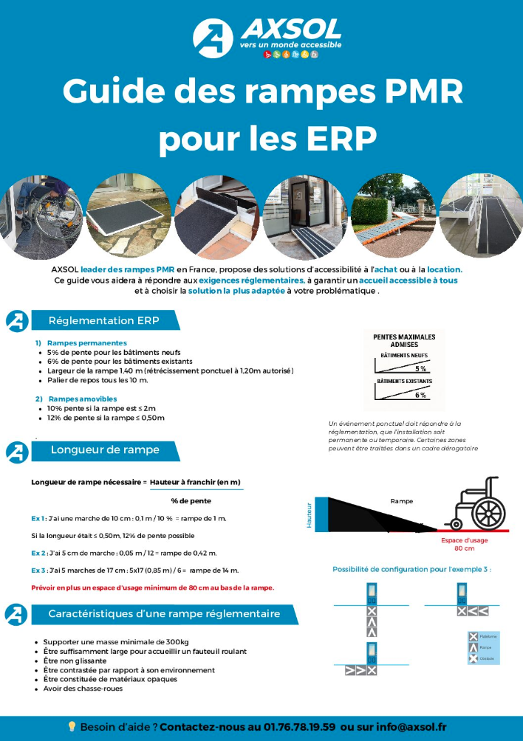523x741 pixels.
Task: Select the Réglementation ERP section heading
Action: pos(103,320)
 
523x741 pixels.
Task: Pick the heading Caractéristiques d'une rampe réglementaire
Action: pos(164,613)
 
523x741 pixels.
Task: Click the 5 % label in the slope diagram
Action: pos(420,368)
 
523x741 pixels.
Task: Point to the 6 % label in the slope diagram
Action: pos(420,395)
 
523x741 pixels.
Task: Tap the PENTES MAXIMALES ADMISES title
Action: pos(404,340)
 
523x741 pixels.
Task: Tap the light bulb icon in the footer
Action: pos(72,726)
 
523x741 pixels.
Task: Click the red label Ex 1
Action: pos(39,519)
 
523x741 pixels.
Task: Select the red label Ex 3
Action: pos(39,571)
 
